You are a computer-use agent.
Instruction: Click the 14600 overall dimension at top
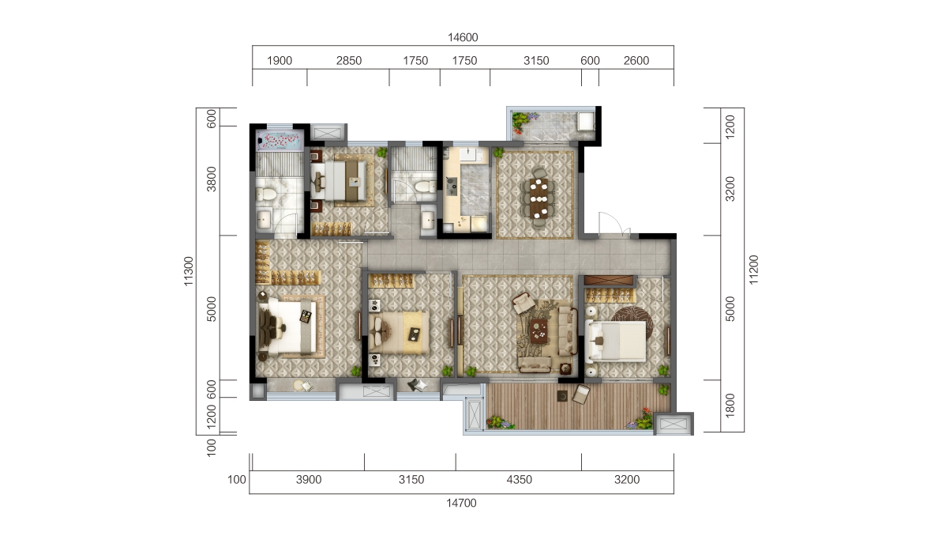pos(463,37)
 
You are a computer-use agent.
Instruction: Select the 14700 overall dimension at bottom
pos(462,503)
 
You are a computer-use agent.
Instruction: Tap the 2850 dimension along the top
pos(348,61)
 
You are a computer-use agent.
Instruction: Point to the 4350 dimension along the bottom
pos(520,480)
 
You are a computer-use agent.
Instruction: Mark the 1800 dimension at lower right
pos(730,407)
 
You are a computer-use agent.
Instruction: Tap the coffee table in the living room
pos(539,327)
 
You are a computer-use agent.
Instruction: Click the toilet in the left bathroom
pos(267,193)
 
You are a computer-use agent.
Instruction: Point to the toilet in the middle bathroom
pos(425,186)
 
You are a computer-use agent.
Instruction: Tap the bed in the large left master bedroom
pos(291,325)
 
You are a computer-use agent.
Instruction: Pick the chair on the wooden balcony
pos(583,394)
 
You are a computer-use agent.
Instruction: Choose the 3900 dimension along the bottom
pos(307,480)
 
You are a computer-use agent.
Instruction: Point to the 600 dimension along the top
pos(590,61)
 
